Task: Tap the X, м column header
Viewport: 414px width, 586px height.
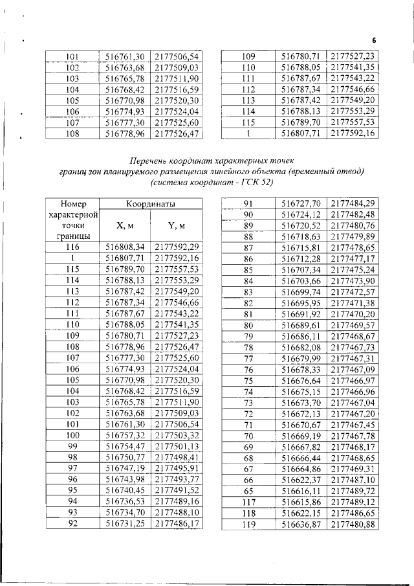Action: [x=125, y=225]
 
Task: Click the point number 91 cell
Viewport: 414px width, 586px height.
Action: [x=247, y=203]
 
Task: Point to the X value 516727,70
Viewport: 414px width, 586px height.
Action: [x=301, y=203]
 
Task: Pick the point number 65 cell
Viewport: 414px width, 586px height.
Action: [x=247, y=491]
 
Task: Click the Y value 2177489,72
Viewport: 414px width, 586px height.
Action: [x=353, y=491]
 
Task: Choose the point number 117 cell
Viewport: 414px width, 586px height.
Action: [x=247, y=502]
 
